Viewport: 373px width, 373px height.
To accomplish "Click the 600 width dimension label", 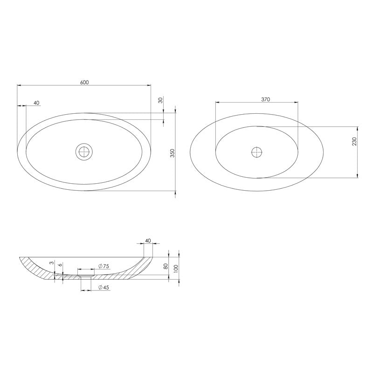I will (84, 82).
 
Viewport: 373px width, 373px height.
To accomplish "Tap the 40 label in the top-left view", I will (36, 103).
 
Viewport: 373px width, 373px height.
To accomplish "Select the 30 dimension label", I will (160, 100).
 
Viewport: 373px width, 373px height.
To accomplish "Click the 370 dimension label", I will (266, 99).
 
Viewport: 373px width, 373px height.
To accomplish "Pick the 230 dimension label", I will (354, 142).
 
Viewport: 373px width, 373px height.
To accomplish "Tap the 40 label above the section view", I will (148, 241).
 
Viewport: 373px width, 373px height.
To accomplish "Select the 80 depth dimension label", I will (166, 267).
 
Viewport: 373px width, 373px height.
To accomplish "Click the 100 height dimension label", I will (176, 269).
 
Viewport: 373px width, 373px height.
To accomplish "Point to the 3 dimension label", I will (51, 264).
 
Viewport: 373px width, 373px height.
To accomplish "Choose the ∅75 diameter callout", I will (104, 266).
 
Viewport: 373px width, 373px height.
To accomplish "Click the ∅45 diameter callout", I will (104, 288).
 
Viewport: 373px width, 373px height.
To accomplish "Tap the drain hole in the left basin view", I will (85, 152).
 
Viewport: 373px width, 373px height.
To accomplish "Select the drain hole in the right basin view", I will (257, 152).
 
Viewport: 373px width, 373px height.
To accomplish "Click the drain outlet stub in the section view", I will (85, 277).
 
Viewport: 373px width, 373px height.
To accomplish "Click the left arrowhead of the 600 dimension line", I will (19, 85).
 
